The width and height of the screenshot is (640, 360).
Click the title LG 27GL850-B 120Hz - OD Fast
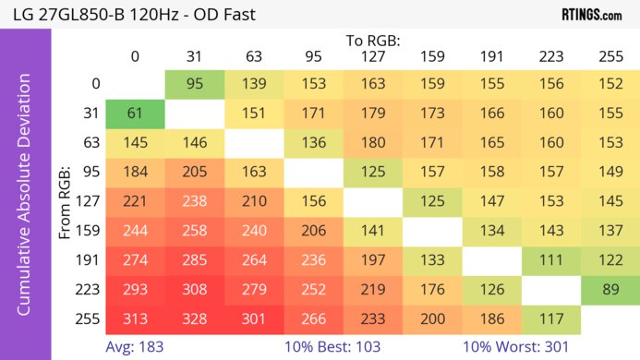coord(128,14)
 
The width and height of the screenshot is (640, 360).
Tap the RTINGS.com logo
coord(591,14)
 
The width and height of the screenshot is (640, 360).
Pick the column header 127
coord(372,56)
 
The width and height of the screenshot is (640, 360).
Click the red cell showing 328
coord(194,318)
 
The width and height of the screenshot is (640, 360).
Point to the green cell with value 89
coord(610,289)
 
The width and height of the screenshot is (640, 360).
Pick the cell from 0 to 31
coord(194,83)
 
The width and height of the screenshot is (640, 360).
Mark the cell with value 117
coord(550,318)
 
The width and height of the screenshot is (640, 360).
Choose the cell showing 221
coord(135,201)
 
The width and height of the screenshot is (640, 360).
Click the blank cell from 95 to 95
coord(313,172)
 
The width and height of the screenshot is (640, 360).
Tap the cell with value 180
coord(372,142)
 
